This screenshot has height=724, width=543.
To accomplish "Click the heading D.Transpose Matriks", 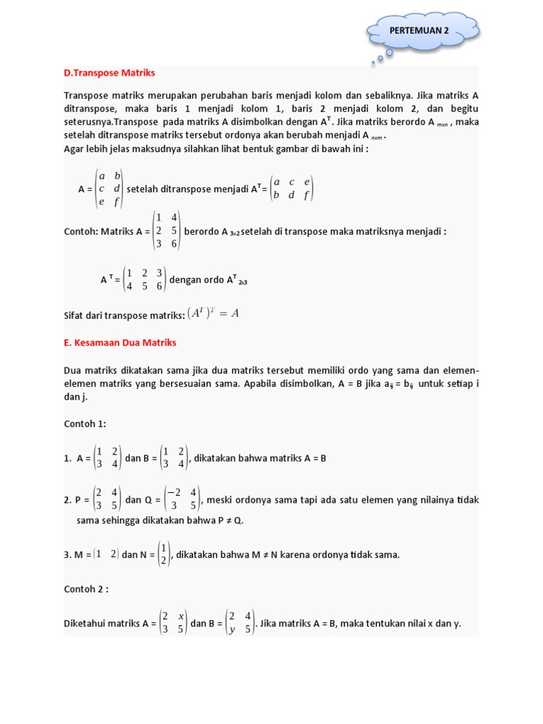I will click(110, 73).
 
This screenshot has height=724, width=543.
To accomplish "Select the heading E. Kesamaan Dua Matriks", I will click(119, 342).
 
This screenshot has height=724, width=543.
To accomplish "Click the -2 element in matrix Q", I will click(173, 492).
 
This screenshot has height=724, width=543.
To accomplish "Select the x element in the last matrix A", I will click(182, 616).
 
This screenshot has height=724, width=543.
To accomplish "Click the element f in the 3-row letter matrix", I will click(117, 202).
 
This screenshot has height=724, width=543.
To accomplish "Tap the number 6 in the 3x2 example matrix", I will click(174, 244).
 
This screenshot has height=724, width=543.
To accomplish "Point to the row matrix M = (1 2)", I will click(105, 554).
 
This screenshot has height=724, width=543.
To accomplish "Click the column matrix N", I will click(163, 554).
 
